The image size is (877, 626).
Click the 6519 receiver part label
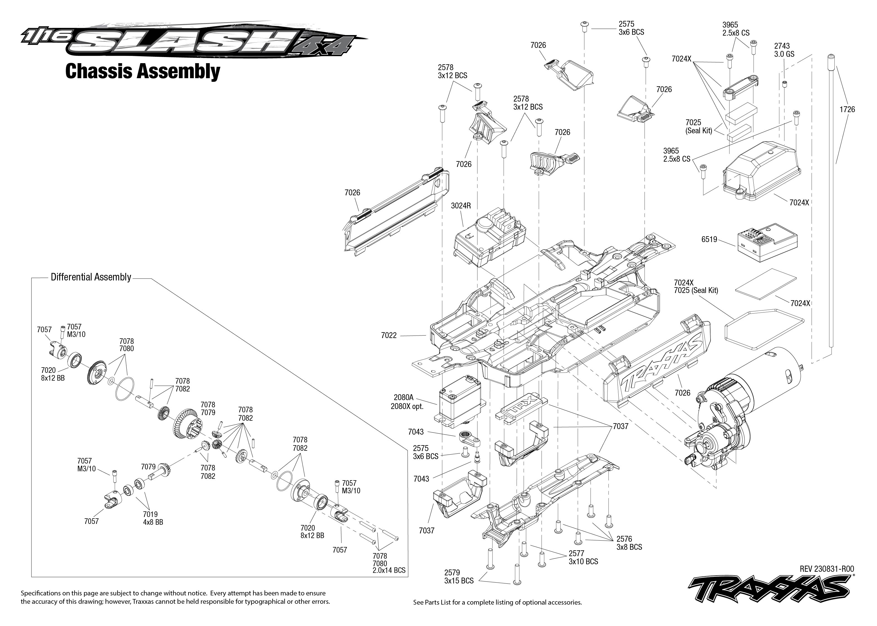pyautogui.click(x=709, y=239)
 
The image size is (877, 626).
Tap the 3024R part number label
pyautogui.click(x=461, y=206)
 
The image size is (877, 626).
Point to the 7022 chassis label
pyautogui.click(x=388, y=335)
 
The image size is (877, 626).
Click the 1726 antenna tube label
pyautogui.click(x=847, y=109)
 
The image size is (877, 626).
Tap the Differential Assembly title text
pyautogui.click(x=91, y=277)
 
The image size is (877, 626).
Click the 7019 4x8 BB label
pyautogui.click(x=152, y=518)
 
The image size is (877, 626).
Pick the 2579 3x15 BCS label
pyautogui.click(x=459, y=577)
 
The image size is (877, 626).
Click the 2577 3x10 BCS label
pyautogui.click(x=583, y=557)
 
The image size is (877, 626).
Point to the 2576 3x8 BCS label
pyautogui.click(x=629, y=543)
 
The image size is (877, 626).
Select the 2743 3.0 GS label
pyautogui.click(x=784, y=50)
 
